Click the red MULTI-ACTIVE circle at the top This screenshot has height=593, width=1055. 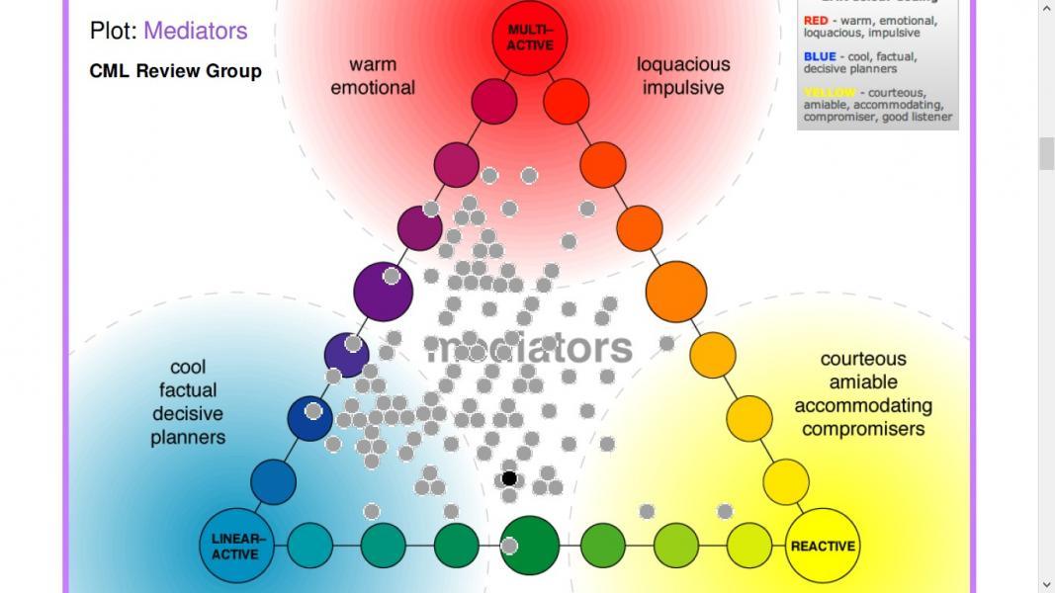[x=530, y=40]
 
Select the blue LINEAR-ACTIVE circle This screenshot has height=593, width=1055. [x=237, y=545]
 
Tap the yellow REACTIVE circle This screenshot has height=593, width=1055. [x=822, y=545]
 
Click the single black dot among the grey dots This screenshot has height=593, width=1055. [x=509, y=478]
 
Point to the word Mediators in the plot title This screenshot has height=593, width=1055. [x=195, y=31]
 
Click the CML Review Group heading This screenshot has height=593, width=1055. [x=175, y=71]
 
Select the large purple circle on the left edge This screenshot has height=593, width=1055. [x=383, y=291]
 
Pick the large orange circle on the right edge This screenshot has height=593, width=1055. [x=676, y=291]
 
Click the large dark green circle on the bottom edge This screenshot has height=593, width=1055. [x=530, y=545]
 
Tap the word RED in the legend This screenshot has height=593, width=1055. [x=816, y=21]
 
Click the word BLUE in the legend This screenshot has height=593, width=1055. [x=820, y=57]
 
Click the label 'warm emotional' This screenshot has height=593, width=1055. [x=373, y=76]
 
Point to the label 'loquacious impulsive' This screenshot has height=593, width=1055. [x=682, y=76]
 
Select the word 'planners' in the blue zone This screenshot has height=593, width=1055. [x=188, y=437]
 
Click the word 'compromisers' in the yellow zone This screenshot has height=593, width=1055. [x=863, y=429]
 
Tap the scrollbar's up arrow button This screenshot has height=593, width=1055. [x=1046, y=9]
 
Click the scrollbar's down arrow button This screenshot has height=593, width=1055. [x=1046, y=584]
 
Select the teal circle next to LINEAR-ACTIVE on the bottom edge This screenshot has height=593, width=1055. [x=309, y=545]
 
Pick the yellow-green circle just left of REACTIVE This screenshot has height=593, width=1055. [x=748, y=545]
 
